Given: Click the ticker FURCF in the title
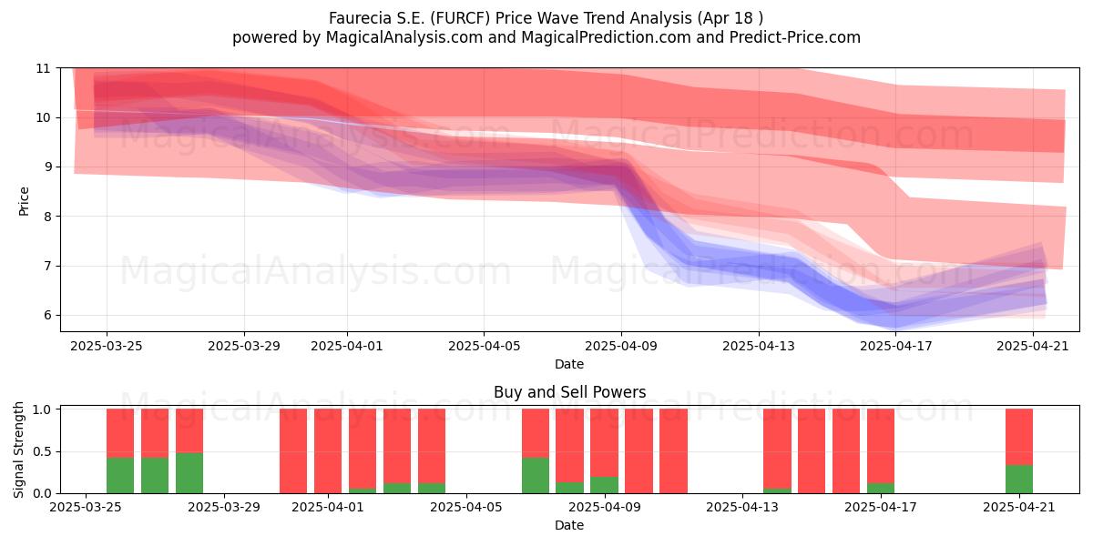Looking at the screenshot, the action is tap(460, 18).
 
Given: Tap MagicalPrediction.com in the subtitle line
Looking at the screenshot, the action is tap(606, 37).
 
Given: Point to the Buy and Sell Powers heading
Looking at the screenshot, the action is tap(569, 392).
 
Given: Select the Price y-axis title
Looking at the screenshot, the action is tap(24, 201).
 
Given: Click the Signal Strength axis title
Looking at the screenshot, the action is tap(18, 450).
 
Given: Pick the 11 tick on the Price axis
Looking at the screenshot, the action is tap(43, 68).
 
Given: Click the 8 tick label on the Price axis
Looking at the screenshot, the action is tap(46, 217).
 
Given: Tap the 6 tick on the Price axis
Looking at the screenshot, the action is tap(46, 316).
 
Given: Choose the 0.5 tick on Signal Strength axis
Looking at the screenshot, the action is tap(42, 451).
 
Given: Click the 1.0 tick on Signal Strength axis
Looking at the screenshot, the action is tap(42, 409).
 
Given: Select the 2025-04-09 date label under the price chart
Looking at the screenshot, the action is tap(621, 346).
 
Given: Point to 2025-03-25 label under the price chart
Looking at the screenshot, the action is tap(107, 346).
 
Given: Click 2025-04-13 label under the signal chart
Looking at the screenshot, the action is tap(742, 507).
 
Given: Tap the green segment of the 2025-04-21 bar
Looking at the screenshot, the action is tap(1019, 480).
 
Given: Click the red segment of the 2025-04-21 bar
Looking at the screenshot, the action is tap(1019, 437).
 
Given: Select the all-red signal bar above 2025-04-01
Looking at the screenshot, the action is tap(328, 451).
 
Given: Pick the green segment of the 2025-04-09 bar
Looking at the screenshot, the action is tap(604, 485).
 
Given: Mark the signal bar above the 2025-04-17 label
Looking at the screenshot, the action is tap(881, 451).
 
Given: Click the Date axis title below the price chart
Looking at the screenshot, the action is tap(569, 364).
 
